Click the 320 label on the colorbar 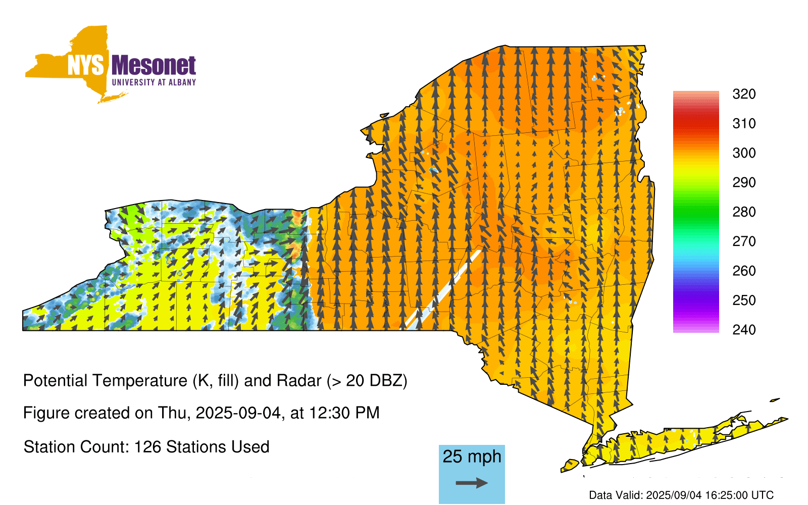click(x=744, y=94)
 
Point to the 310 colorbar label click(x=744, y=124)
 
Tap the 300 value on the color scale click(x=744, y=153)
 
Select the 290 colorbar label click(x=744, y=182)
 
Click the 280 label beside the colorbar click(x=744, y=212)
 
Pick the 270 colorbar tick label click(x=744, y=241)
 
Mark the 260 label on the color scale click(x=744, y=271)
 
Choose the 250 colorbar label click(x=744, y=300)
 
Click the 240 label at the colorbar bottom click(x=744, y=330)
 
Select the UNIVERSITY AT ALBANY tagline click(x=154, y=82)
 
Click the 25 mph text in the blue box click(x=472, y=457)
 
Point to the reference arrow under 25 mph click(x=472, y=483)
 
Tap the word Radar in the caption click(x=299, y=381)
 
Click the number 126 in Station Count click(x=147, y=447)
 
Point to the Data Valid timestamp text click(x=681, y=495)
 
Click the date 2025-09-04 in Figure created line click(x=238, y=413)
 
